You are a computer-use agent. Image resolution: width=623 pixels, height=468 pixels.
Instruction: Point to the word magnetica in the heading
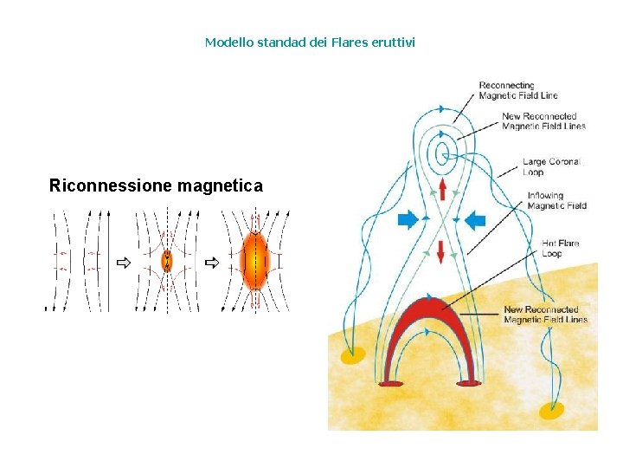coord(220,185)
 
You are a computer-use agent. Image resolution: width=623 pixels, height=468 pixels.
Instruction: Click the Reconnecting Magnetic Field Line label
coord(518,90)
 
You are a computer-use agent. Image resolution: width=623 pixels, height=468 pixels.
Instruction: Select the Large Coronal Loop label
coord(551,166)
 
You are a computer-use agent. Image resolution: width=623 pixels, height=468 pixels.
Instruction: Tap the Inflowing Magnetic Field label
coord(556,200)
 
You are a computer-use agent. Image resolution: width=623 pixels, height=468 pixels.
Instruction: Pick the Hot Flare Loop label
coord(560,248)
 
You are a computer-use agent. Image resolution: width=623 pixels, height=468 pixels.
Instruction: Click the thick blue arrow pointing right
coord(407,220)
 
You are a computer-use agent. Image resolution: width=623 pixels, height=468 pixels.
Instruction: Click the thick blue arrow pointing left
coord(475,220)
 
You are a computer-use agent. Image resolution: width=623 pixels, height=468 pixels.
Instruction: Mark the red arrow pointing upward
coord(441,190)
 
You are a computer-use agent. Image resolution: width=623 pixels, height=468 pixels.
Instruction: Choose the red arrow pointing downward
coord(441,252)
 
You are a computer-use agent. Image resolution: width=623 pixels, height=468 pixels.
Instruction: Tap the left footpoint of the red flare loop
coord(392,382)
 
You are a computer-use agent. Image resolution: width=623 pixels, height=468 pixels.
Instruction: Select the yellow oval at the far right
coord(551,409)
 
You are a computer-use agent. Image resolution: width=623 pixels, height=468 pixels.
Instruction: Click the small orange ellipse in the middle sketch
coord(167,260)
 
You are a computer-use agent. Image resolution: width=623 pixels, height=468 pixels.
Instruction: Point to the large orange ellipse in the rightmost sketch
coord(255,257)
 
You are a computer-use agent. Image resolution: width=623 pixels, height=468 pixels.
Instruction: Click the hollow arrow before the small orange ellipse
coord(124,261)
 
